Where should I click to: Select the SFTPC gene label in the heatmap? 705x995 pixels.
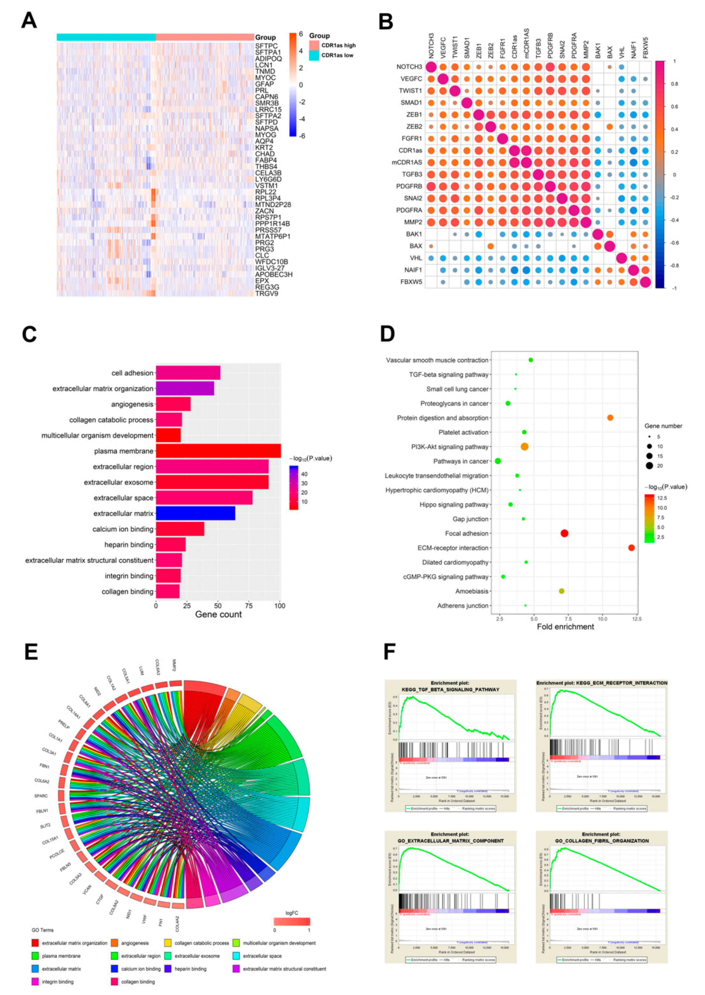click(266, 46)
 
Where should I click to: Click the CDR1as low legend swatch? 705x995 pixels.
click(314, 55)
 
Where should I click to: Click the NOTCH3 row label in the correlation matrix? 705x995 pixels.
click(409, 67)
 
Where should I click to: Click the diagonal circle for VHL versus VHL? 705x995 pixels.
click(621, 258)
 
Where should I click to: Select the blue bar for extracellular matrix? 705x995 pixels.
click(195, 513)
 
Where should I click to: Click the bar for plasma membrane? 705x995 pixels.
click(218, 451)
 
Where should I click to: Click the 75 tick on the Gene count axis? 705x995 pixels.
click(249, 605)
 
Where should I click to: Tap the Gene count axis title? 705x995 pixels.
click(218, 614)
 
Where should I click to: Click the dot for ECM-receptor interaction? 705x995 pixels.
click(631, 548)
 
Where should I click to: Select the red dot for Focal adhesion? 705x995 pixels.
click(564, 533)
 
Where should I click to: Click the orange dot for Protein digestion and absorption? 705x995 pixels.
click(610, 418)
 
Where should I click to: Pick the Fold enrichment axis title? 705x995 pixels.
click(565, 626)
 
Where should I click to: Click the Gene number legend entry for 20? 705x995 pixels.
click(649, 466)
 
